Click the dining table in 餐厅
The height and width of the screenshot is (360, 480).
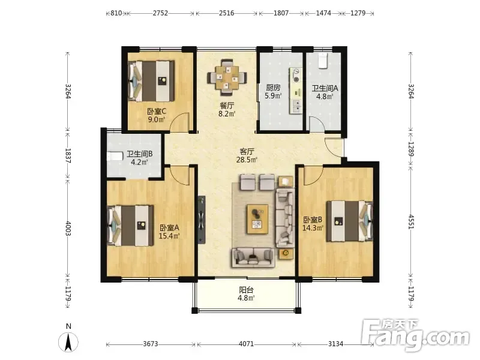[x=227, y=77]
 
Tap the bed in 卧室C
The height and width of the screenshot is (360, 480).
[x=151, y=81]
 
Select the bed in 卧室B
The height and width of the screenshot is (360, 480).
[x=350, y=221]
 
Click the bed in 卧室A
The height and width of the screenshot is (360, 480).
[x=130, y=226]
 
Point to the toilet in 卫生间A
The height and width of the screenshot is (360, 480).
[x=323, y=61]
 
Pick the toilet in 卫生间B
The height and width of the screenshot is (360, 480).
[x=115, y=156]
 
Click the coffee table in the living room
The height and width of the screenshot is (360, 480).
[x=257, y=219]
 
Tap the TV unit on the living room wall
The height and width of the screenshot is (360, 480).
[x=202, y=220]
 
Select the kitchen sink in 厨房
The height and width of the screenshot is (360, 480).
[x=296, y=106]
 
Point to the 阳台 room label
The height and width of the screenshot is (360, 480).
[x=246, y=290]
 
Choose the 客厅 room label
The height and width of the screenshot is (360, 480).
[x=247, y=152]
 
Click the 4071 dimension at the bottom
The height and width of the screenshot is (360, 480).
[x=246, y=344]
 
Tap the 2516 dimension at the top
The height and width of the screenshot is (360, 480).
[x=227, y=13]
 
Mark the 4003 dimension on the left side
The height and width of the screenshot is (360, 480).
[x=68, y=229]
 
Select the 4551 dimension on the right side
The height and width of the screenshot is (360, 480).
[x=411, y=221]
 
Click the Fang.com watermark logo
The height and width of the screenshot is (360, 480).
[x=415, y=335]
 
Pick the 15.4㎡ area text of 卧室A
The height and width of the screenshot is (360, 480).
[x=169, y=236]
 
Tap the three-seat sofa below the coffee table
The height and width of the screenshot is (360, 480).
[x=253, y=257]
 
